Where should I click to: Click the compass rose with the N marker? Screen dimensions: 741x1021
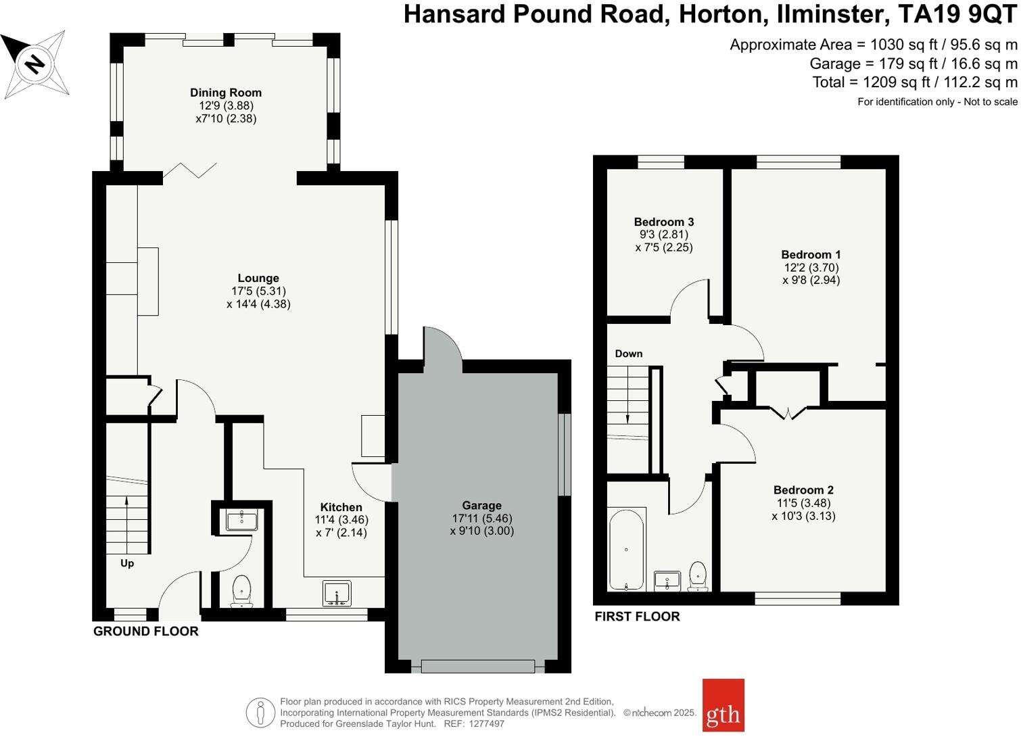(35, 64)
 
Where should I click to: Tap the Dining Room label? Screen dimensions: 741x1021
(225, 93)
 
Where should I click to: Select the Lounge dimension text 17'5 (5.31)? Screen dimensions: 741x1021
(258, 291)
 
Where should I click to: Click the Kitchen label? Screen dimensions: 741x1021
(341, 507)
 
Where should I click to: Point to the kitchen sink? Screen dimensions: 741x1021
(337, 593)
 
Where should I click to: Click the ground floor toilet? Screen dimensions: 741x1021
(241, 591)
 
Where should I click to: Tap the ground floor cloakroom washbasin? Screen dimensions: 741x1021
(241, 520)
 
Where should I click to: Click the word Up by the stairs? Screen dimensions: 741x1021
(127, 563)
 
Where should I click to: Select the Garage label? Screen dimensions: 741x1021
(481, 505)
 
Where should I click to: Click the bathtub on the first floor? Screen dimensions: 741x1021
(626, 550)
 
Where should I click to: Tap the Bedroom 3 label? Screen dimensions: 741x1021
(663, 222)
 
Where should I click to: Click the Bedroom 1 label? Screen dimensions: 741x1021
(811, 255)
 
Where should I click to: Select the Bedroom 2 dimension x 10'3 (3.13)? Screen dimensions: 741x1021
(803, 516)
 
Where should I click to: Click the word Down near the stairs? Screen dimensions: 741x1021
(628, 354)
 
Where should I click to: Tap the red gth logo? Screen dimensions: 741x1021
(723, 705)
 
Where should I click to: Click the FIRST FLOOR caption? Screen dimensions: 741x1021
(637, 617)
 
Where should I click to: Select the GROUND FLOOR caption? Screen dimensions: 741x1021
(145, 631)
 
